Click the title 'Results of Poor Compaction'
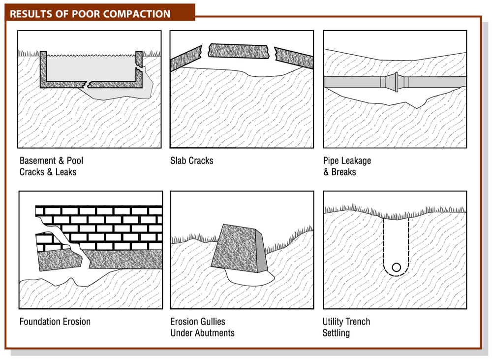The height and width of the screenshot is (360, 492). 90,14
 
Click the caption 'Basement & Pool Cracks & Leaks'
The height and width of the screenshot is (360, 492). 51,166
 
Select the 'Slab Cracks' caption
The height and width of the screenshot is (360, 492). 192,161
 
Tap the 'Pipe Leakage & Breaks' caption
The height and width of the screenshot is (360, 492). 347,166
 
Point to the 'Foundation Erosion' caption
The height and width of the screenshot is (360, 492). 55,322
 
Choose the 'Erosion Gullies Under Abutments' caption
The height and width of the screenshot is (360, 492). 202,327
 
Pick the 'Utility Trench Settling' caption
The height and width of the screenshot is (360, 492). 346,327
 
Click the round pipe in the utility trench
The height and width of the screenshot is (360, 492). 396,268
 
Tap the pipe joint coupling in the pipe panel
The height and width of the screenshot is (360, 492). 397,82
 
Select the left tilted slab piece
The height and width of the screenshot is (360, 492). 186,59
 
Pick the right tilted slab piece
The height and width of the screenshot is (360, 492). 294,58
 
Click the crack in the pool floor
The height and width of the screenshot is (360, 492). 87,84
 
